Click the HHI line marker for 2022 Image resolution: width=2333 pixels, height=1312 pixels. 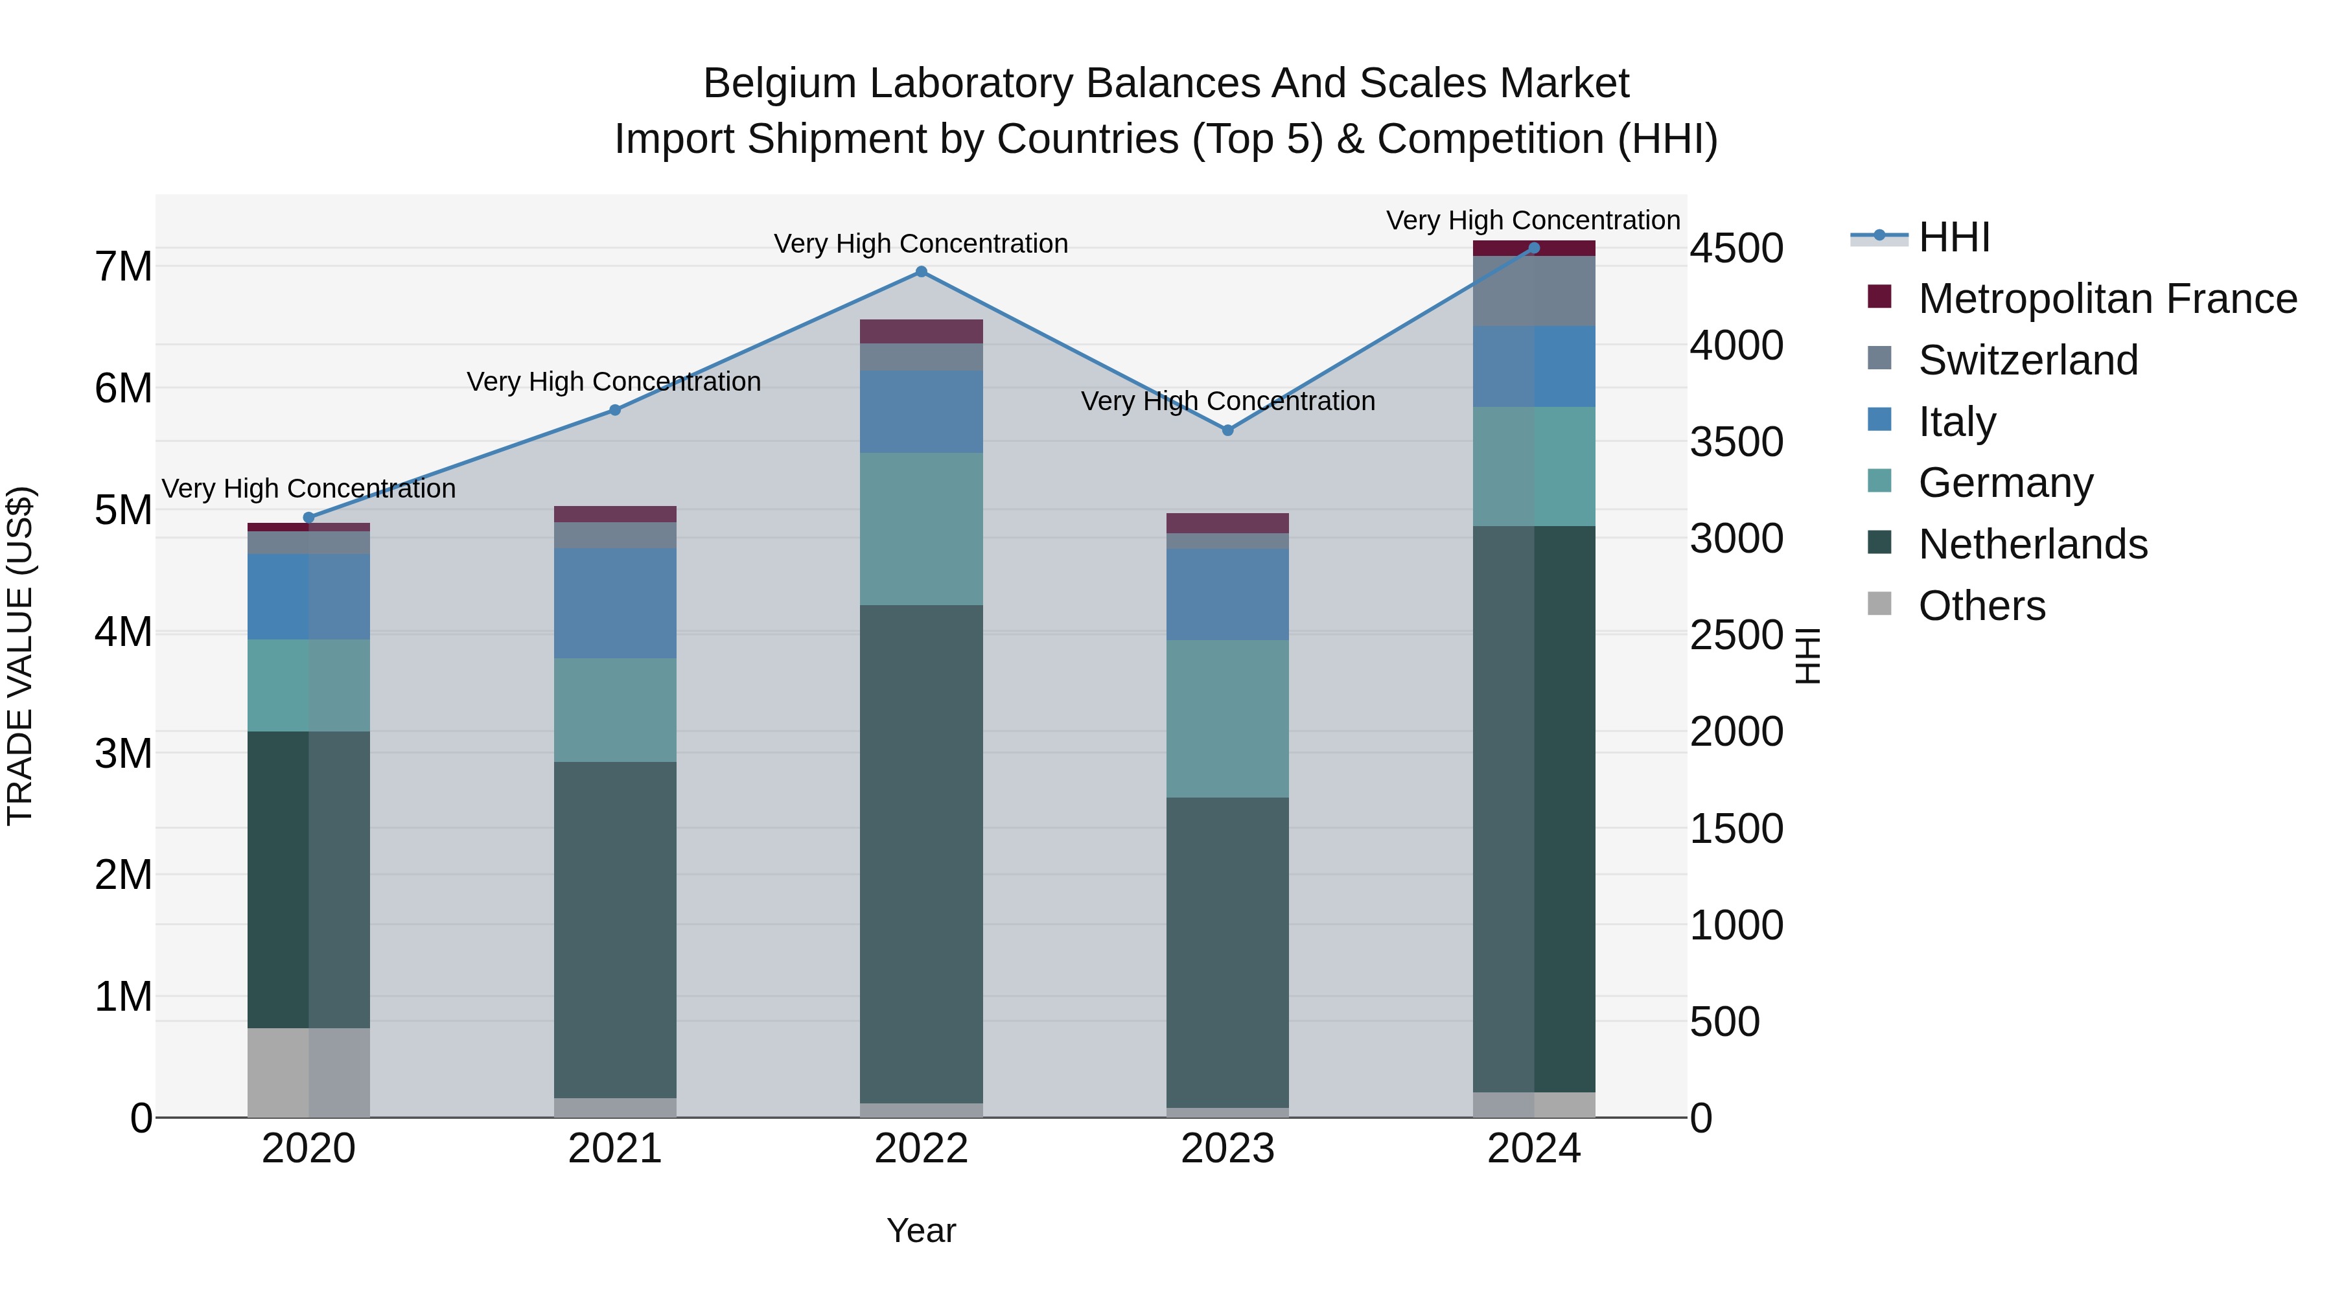coord(921,271)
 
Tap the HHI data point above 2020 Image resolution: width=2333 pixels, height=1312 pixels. coord(309,518)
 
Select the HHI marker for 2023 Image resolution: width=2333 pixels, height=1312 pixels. coord(1228,430)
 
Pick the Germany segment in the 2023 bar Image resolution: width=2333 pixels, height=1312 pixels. coord(1228,719)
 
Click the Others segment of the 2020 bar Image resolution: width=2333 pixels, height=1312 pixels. coord(309,1072)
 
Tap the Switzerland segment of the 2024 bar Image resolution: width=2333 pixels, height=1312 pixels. coord(1534,291)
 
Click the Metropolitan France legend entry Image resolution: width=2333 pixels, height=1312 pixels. coord(2107,299)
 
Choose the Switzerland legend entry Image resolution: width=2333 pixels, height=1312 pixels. coord(2027,360)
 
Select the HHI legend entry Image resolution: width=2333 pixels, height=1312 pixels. coord(1953,237)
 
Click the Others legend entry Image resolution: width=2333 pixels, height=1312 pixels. coord(1980,606)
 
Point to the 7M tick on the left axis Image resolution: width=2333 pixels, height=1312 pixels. coord(123,266)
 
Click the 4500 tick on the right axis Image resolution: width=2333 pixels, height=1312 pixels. coord(1736,248)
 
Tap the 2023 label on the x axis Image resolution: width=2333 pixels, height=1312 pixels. coord(1228,1149)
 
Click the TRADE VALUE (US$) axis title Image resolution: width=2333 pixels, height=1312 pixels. coord(20,656)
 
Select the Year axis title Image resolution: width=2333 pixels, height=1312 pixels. coord(921,1230)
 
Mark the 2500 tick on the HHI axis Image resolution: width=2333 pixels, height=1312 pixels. coord(1736,635)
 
